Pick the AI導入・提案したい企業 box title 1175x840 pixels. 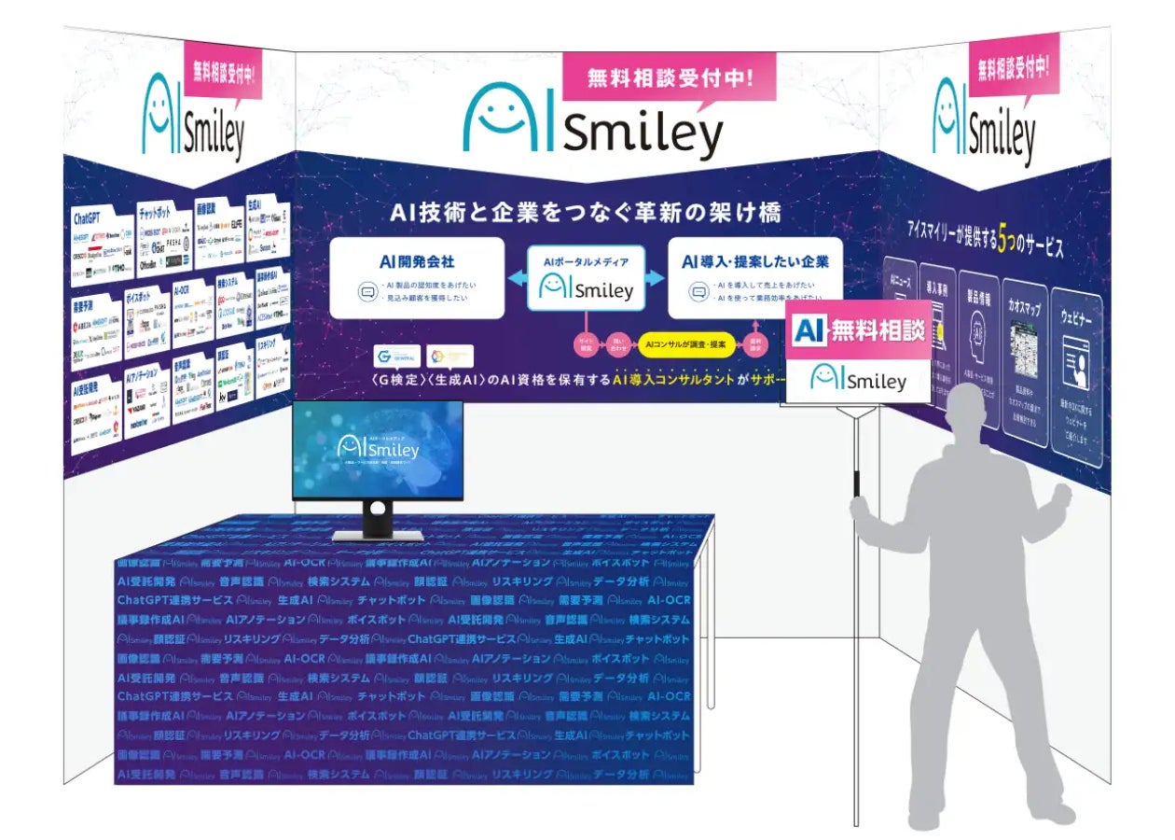click(754, 261)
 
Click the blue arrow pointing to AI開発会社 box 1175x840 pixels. click(517, 279)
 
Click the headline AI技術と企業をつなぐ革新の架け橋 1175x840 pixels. click(587, 213)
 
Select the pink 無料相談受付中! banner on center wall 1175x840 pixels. click(669, 77)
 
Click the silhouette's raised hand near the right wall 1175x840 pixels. click(1058, 494)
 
